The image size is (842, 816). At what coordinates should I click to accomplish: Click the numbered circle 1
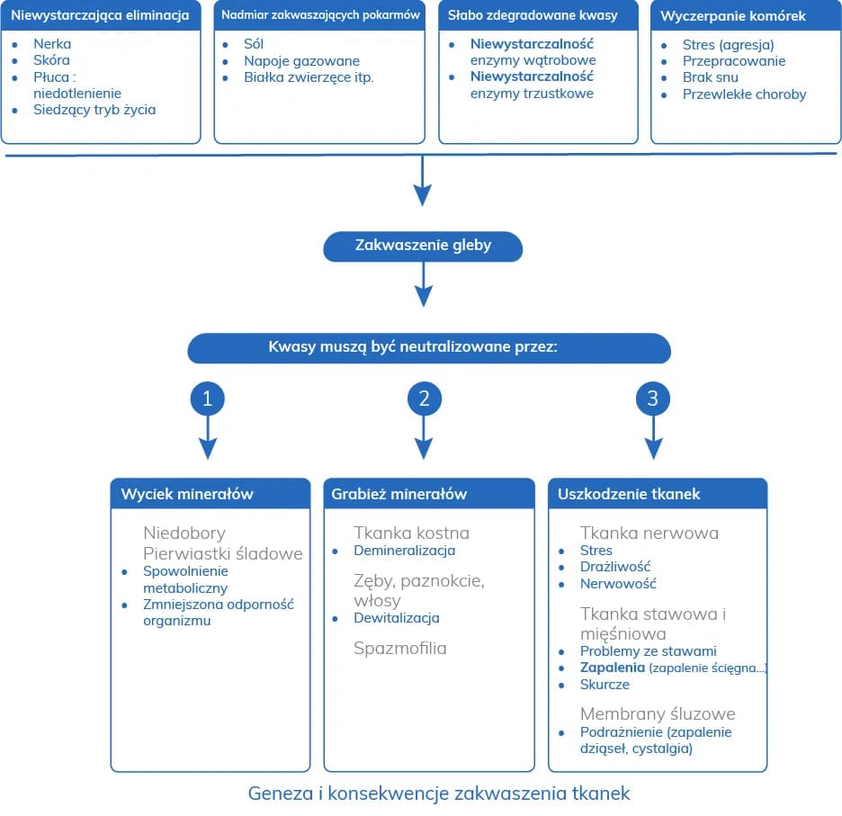pyautogui.click(x=207, y=399)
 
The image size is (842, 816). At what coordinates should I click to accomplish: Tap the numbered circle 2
pyautogui.click(x=424, y=399)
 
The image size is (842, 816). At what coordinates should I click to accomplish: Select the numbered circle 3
pyautogui.click(x=653, y=399)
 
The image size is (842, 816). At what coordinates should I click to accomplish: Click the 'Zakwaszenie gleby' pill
pyautogui.click(x=423, y=246)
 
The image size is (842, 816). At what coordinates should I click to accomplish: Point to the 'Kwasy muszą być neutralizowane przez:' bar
pyautogui.click(x=429, y=348)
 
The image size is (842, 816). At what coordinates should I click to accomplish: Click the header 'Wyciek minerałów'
pyautogui.click(x=187, y=494)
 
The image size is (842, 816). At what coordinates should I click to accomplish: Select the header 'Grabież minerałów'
pyautogui.click(x=399, y=494)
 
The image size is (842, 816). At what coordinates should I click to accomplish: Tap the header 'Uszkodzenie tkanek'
pyautogui.click(x=629, y=494)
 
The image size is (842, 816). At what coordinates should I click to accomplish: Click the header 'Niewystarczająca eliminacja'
pyautogui.click(x=100, y=15)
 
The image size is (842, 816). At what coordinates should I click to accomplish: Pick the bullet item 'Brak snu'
pyautogui.click(x=710, y=77)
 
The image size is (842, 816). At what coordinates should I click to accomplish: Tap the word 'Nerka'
pyautogui.click(x=52, y=44)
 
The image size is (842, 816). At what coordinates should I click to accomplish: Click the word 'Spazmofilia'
pyautogui.click(x=399, y=648)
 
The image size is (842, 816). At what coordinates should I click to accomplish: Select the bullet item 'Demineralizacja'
pyautogui.click(x=404, y=551)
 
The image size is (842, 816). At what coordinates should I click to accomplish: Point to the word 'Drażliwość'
pyautogui.click(x=615, y=567)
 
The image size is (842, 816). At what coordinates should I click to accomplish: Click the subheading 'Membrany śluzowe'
pyautogui.click(x=658, y=713)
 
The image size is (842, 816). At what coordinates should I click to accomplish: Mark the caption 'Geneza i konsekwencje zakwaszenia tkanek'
pyautogui.click(x=439, y=794)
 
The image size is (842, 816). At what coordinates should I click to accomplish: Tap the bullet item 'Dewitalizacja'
pyautogui.click(x=396, y=618)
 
